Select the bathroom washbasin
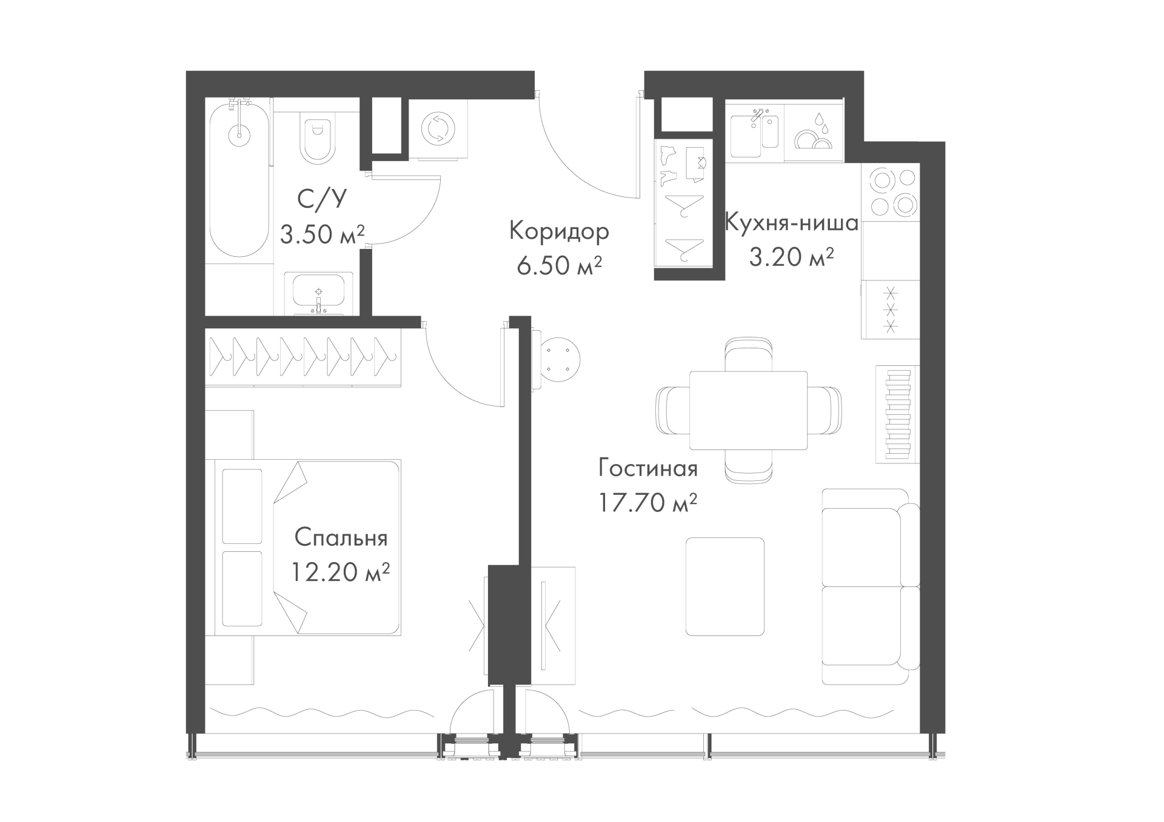[x=319, y=293]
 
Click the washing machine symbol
[x=438, y=128]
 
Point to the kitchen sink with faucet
[x=754, y=133]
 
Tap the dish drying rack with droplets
[x=813, y=133]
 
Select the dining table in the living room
[x=749, y=410]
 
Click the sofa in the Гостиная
[x=870, y=586]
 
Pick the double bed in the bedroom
[x=303, y=548]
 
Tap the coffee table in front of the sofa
[x=724, y=586]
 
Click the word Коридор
[x=559, y=231]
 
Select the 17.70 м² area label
[x=647, y=502]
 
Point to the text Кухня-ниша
[x=792, y=224]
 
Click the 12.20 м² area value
[x=340, y=571]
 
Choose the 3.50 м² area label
[x=322, y=234]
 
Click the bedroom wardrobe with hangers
[x=303, y=357]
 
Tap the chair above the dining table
[x=749, y=354]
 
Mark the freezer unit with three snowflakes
[x=891, y=310]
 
